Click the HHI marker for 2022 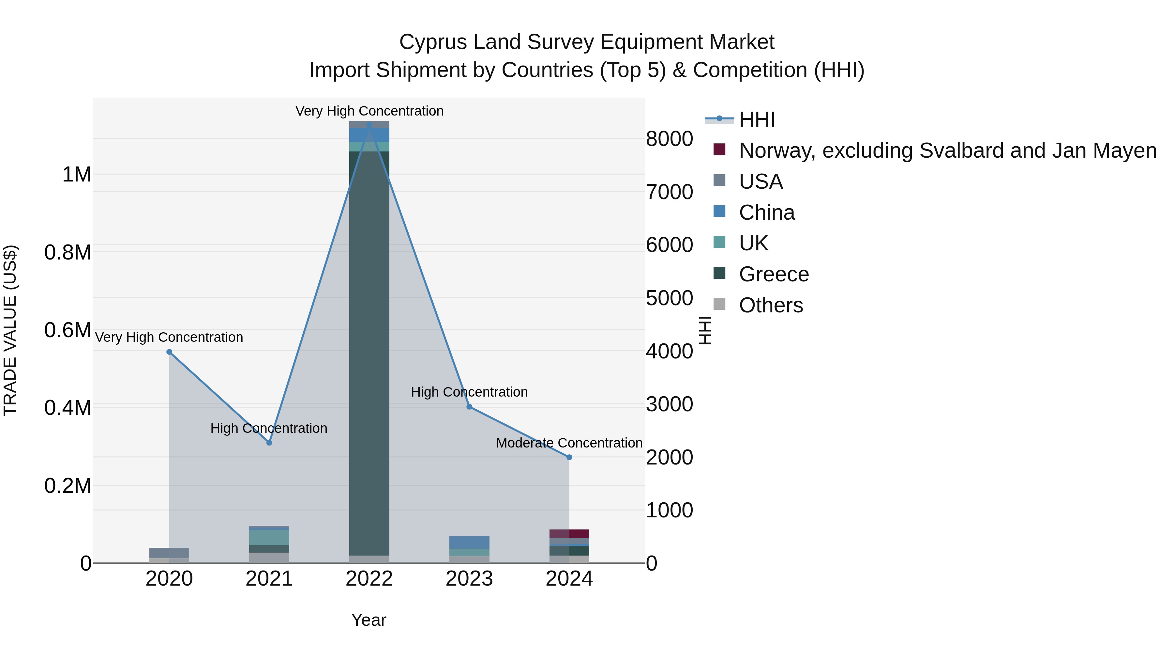(x=369, y=125)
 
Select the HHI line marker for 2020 (x=169, y=352)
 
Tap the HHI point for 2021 (x=269, y=443)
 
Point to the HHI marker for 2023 (x=469, y=406)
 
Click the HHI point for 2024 (x=569, y=457)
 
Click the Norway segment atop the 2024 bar (x=569, y=533)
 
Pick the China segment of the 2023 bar (x=469, y=542)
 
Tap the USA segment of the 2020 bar (x=169, y=552)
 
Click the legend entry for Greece (x=774, y=274)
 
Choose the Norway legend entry (x=947, y=150)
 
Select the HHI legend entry (x=757, y=119)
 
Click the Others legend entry (x=770, y=305)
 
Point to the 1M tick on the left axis (x=77, y=175)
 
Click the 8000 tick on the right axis (x=669, y=139)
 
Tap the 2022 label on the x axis (x=369, y=579)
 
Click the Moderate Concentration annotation (x=569, y=443)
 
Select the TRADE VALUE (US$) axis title (x=10, y=330)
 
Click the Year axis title (x=369, y=620)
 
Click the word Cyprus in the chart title (x=433, y=42)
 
